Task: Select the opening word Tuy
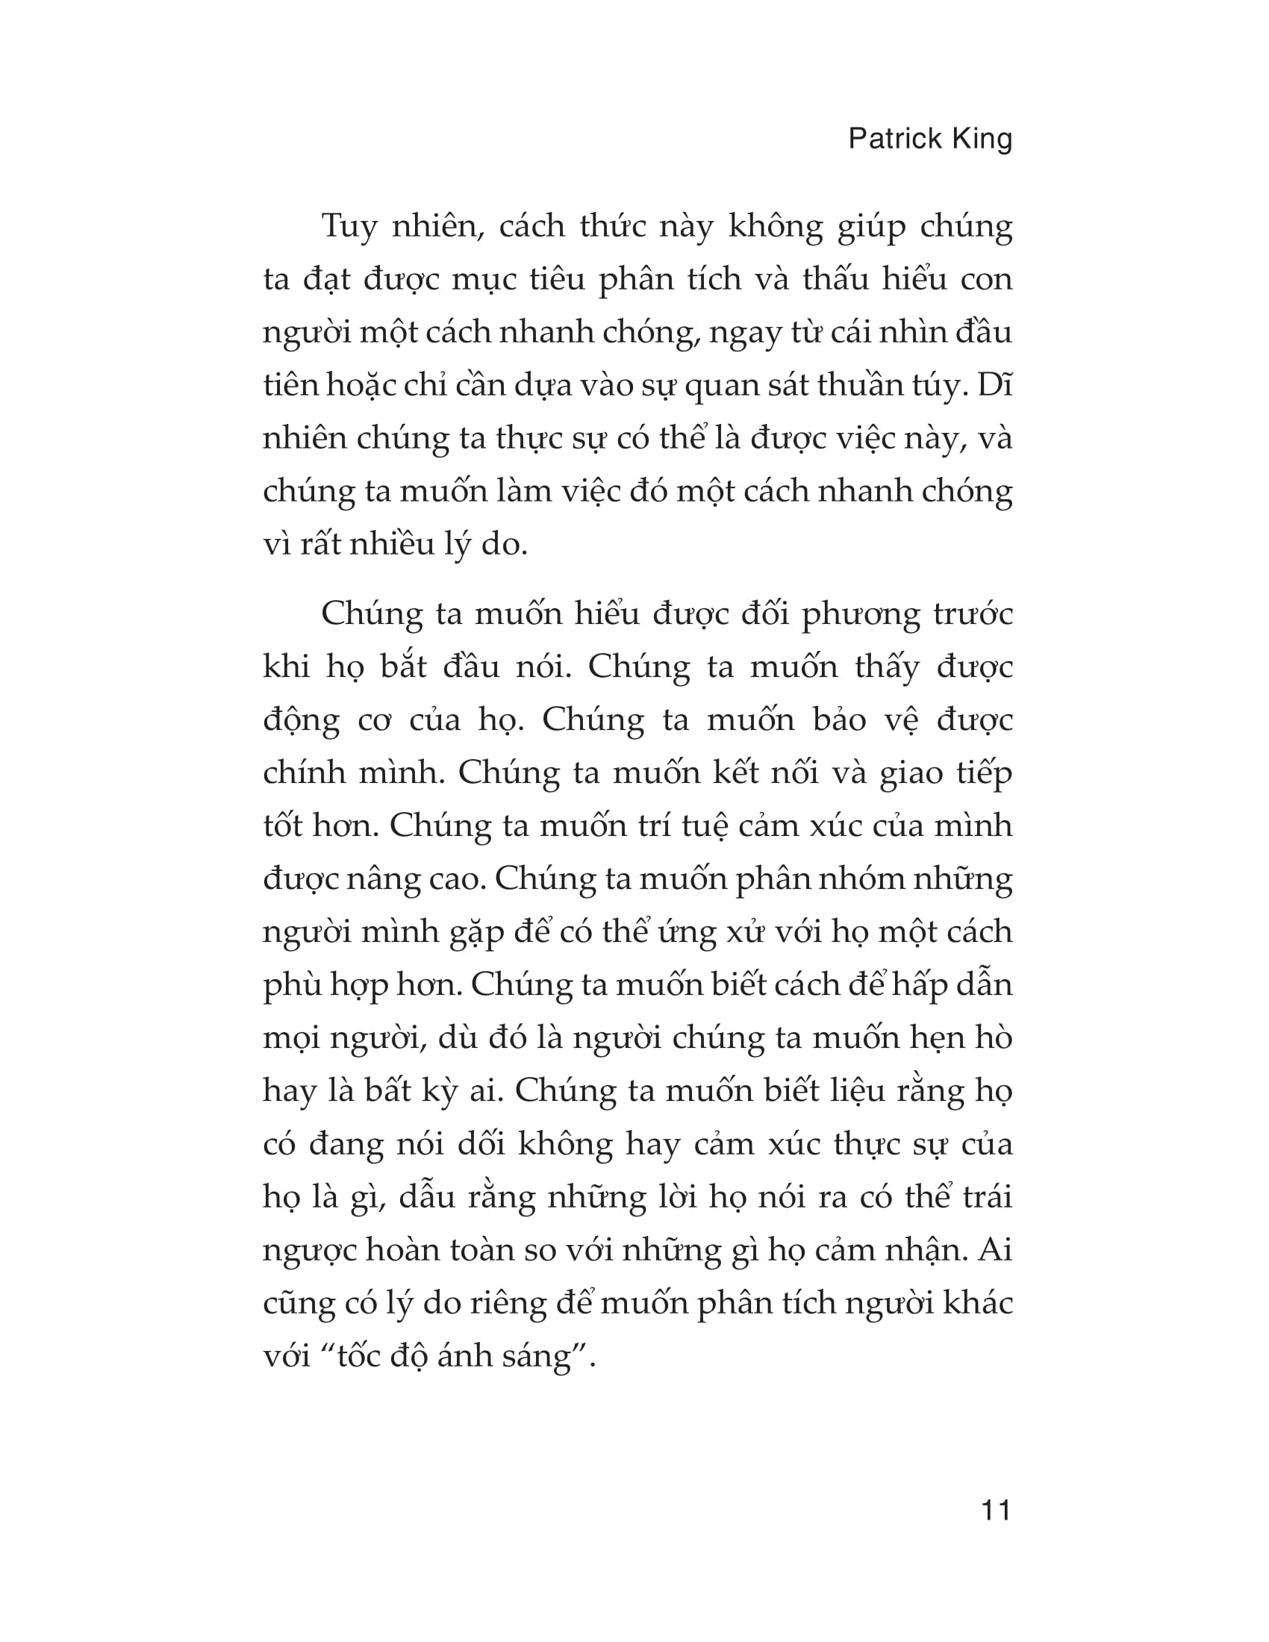click(x=349, y=226)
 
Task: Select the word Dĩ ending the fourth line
click(x=996, y=386)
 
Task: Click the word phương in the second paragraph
click(x=861, y=615)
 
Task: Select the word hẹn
click(x=927, y=1038)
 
